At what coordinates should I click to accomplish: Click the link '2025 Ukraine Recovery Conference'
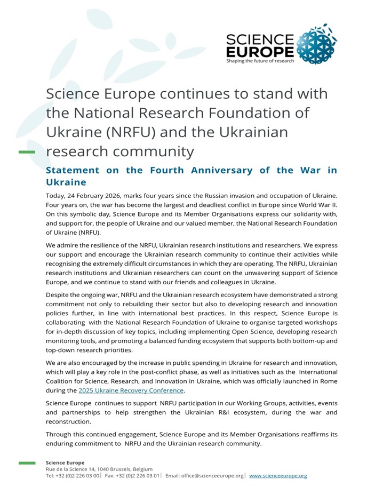tap(131, 390)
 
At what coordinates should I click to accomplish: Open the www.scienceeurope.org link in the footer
tap(278, 475)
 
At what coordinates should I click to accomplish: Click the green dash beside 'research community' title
tap(27, 152)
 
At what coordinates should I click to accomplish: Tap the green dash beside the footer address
tap(27, 463)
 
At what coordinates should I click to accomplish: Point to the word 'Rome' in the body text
tap(328, 381)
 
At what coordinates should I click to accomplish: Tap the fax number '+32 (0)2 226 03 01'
tap(138, 475)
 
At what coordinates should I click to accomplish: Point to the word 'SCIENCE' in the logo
tap(260, 39)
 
